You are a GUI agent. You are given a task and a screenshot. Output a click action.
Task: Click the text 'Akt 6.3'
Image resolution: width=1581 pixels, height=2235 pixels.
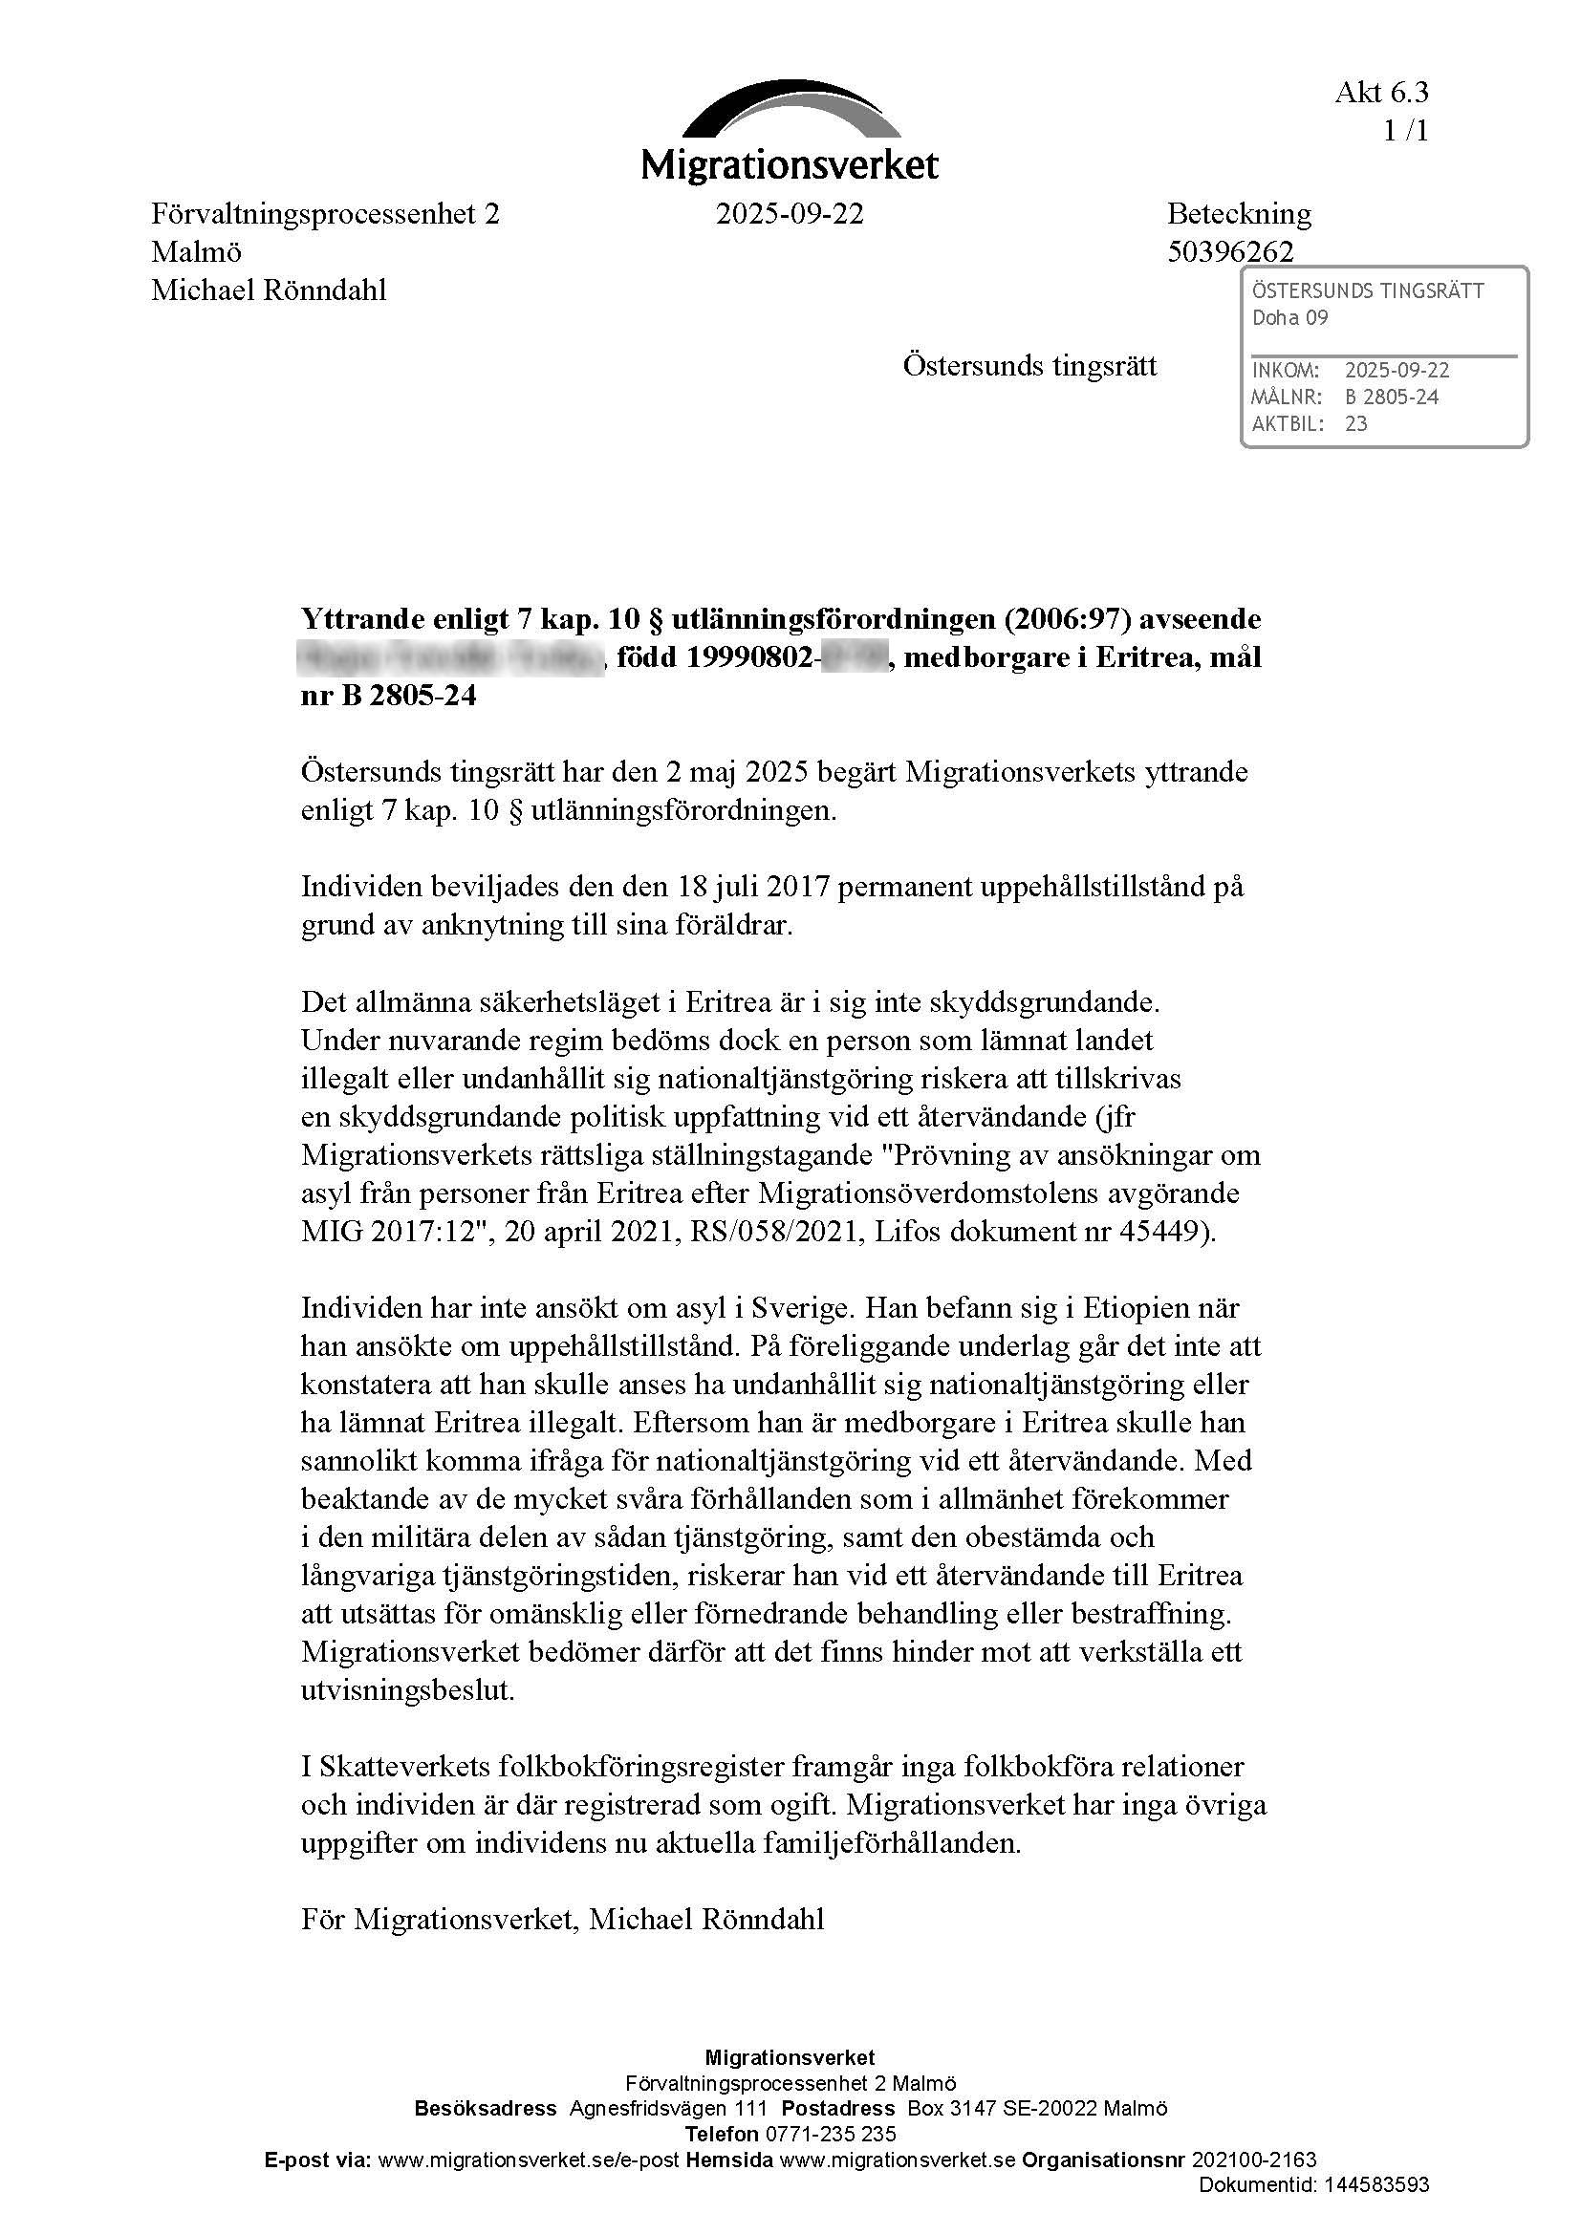[x=1381, y=93]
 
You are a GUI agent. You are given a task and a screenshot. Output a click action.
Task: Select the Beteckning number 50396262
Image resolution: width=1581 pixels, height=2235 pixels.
[x=1230, y=252]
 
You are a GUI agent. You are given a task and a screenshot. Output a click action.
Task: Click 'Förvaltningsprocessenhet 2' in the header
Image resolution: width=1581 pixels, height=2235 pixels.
[x=325, y=213]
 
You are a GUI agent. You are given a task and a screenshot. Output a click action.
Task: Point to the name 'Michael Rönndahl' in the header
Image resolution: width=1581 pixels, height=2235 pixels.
[x=269, y=290]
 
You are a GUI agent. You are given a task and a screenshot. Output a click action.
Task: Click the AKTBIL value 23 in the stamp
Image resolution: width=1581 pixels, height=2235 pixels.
[x=1355, y=423]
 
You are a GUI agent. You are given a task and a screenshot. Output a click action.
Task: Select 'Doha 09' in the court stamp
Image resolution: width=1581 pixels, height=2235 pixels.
[x=1289, y=317]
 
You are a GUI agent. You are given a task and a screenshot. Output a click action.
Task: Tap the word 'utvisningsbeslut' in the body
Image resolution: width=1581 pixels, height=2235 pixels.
[x=407, y=1690]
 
